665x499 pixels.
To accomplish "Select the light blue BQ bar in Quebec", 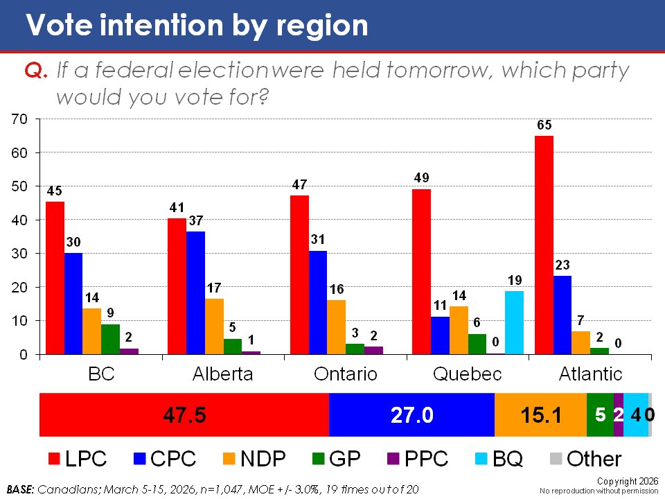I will [513, 322].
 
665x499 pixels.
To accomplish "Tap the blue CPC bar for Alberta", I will [195, 292].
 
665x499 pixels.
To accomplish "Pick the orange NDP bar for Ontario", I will [335, 326].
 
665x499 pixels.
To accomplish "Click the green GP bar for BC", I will [110, 339].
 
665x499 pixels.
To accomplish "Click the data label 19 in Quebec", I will [513, 280].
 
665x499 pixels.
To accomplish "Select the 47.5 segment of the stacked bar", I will [184, 414].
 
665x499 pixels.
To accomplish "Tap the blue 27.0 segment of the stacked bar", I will [411, 414].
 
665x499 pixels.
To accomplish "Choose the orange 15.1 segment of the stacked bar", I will [540, 414].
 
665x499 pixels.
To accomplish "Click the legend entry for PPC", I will [416, 459].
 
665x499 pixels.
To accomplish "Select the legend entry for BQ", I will [497, 459].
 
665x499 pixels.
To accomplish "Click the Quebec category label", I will [467, 374].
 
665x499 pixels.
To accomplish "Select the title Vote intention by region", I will [197, 25].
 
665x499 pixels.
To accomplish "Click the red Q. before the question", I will [35, 71].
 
